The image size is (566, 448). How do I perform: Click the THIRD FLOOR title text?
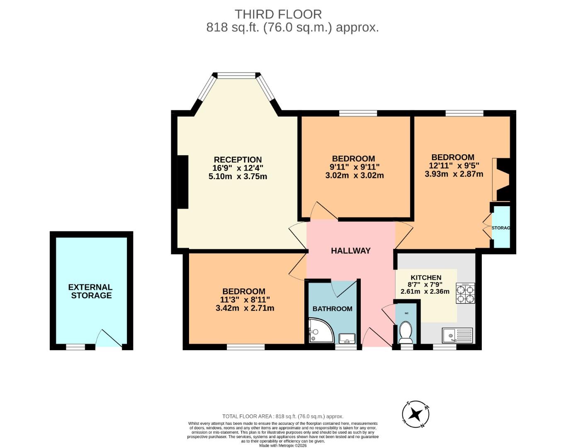(278, 14)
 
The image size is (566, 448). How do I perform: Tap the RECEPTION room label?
(238, 160)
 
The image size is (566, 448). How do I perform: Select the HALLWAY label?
(350, 251)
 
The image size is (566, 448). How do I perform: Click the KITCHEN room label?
(426, 278)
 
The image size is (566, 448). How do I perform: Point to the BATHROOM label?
(332, 309)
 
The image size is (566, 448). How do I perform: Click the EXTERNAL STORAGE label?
(90, 291)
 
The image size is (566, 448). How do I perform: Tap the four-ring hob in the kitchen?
(465, 293)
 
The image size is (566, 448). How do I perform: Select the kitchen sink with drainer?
(457, 335)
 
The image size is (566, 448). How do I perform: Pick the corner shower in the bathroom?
(319, 331)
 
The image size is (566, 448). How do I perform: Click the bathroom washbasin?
(347, 338)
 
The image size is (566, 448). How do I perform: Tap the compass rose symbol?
(415, 414)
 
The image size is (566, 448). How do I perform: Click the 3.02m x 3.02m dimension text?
(354, 175)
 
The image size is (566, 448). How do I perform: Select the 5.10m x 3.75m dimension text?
(238, 176)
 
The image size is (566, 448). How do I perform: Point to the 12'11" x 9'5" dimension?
(454, 166)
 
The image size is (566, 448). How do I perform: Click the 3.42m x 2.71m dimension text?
(245, 308)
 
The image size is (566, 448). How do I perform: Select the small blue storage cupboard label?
(500, 228)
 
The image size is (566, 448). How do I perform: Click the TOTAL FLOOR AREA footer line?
(283, 416)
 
